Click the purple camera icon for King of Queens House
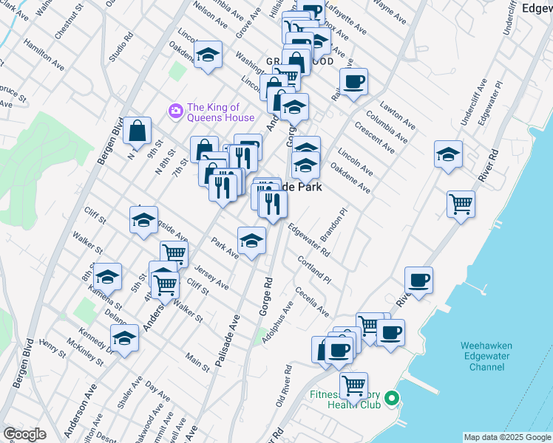[x=175, y=111]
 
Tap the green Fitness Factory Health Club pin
[x=393, y=399]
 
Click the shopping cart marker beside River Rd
[x=461, y=203]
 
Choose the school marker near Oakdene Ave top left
[x=208, y=55]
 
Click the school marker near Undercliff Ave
[x=448, y=155]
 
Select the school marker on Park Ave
[x=251, y=241]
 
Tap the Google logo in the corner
[x=24, y=434]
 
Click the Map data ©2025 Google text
[x=506, y=437]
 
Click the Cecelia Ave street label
[x=312, y=302]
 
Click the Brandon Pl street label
[x=333, y=226]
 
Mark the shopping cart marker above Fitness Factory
[x=353, y=385]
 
